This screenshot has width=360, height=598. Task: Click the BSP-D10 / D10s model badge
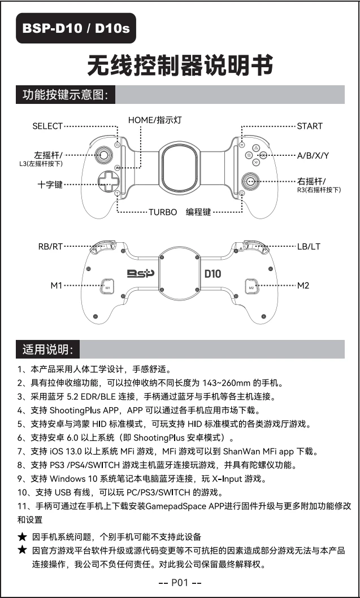point(76,28)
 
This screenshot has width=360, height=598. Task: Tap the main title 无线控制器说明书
point(180,66)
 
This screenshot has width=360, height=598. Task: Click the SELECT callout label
point(47,126)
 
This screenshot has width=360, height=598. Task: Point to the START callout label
point(310,126)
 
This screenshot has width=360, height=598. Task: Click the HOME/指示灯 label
point(154,120)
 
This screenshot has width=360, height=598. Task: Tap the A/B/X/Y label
point(313,155)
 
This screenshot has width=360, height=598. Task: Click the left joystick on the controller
point(105,154)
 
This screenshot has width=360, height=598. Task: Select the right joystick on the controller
point(250,181)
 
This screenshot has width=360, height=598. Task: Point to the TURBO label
point(163,212)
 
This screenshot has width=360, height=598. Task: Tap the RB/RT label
point(50,247)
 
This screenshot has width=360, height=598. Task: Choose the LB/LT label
point(309,247)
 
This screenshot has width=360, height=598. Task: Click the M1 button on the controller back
point(107,287)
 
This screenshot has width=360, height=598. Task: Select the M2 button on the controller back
point(251,287)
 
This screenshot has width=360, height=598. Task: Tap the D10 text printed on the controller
point(212,274)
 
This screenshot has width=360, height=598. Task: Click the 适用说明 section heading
point(47,350)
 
